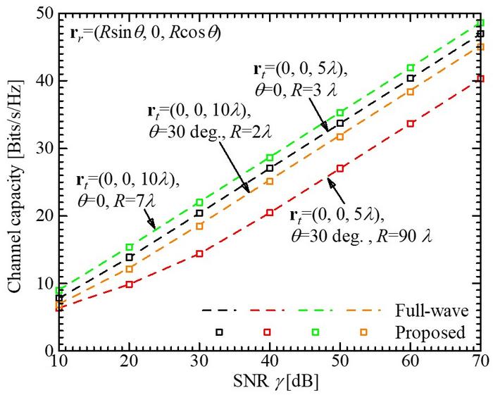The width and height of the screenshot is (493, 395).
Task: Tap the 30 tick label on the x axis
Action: tap(199, 365)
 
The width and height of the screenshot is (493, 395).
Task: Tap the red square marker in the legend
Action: tap(268, 332)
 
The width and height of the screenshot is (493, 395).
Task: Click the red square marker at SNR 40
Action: tap(270, 212)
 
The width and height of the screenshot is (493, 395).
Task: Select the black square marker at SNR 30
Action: tap(199, 213)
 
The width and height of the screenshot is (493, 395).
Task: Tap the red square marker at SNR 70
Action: tap(481, 78)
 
